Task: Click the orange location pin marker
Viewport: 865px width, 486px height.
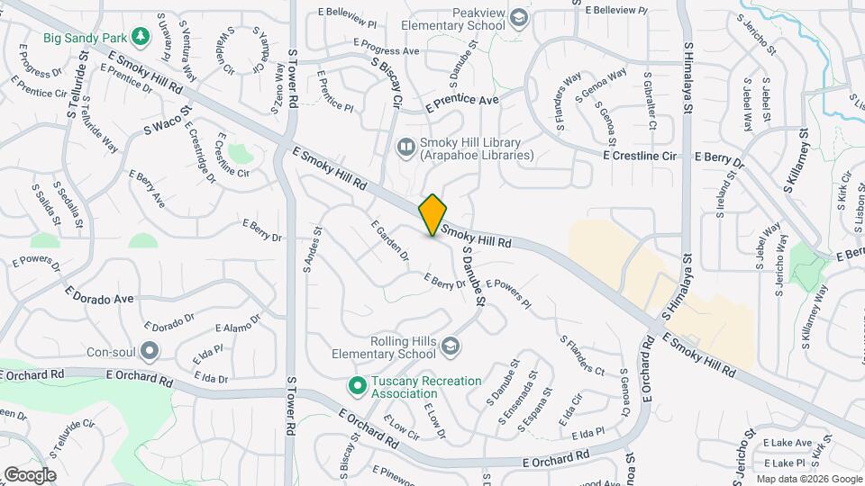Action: (433, 214)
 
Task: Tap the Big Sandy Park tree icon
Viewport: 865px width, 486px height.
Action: (140, 36)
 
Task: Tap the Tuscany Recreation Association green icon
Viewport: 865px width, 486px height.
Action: (357, 386)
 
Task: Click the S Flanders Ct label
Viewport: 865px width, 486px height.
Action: (582, 355)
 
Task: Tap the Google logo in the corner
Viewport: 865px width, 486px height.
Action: (30, 475)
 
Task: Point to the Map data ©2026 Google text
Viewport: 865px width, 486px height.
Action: (808, 479)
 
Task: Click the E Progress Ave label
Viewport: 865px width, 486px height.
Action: (387, 47)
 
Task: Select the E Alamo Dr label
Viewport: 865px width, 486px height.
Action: (239, 325)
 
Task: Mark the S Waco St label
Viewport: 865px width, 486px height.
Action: (168, 121)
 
